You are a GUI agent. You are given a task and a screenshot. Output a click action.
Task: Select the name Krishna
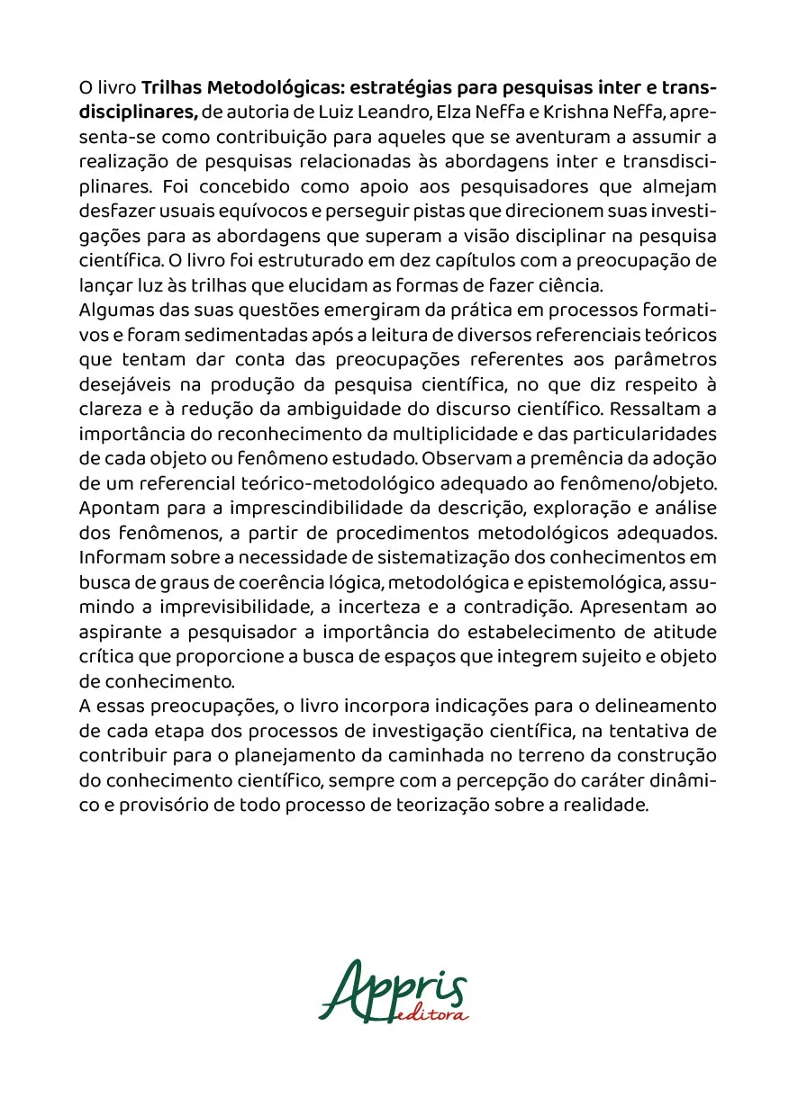pos(617,112)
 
